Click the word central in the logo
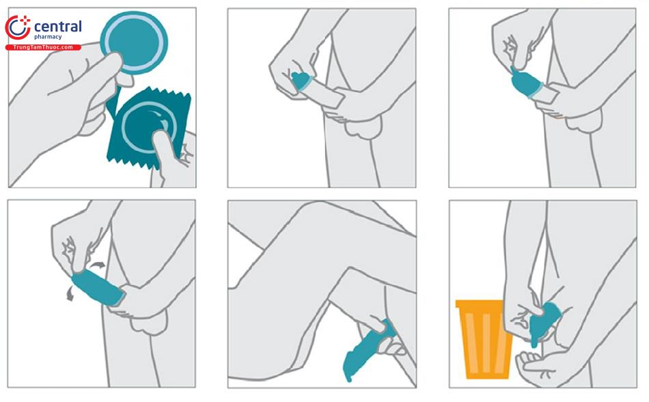[x=58, y=27]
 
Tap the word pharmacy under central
[x=48, y=38]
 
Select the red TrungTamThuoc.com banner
[x=43, y=47]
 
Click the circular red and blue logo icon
[x=17, y=28]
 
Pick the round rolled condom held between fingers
[x=134, y=42]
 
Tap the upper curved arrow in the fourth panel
[x=98, y=265]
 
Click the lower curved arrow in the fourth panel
[x=70, y=295]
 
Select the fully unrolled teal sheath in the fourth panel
[x=98, y=288]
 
